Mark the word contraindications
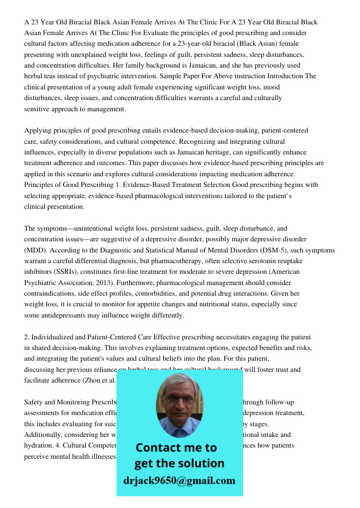point(54,294)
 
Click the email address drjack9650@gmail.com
point(179,481)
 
